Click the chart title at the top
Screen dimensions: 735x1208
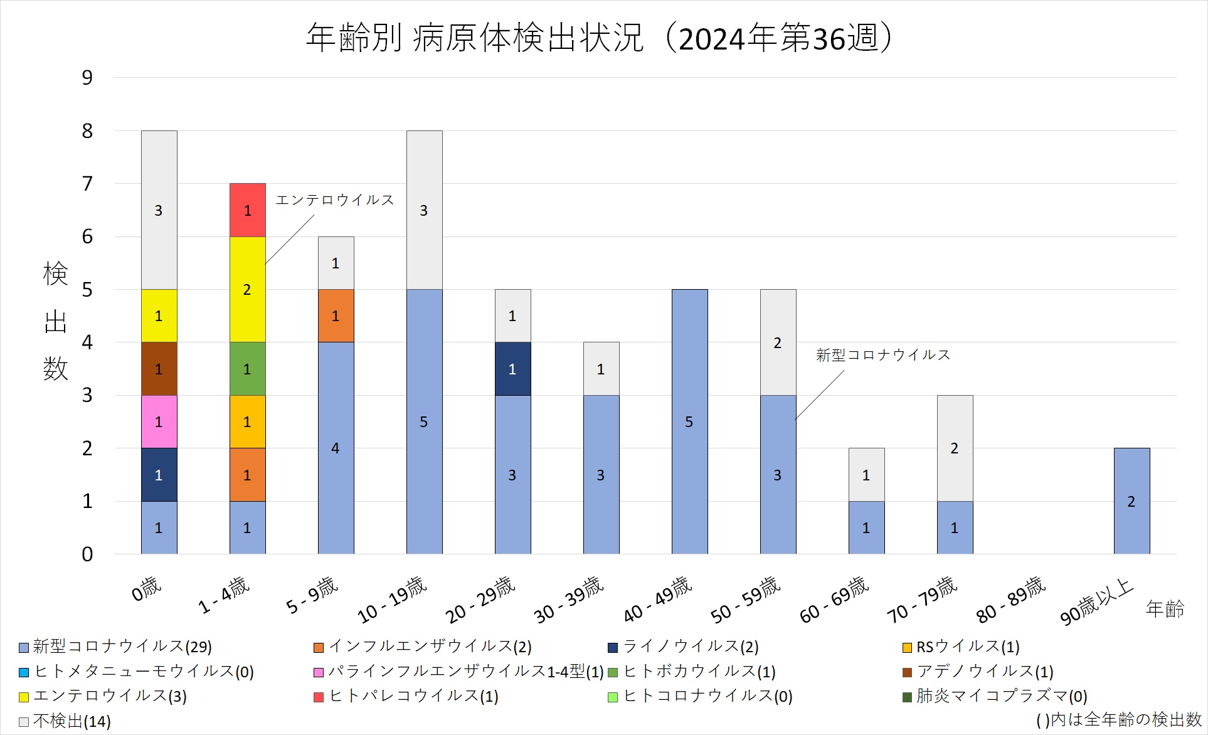click(599, 38)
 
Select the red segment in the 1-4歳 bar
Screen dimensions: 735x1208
click(247, 210)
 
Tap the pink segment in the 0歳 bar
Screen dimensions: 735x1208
click(159, 421)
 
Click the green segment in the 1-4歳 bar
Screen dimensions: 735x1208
click(247, 369)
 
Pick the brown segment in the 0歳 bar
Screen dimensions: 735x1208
click(159, 369)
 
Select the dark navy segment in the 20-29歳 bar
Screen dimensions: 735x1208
click(512, 369)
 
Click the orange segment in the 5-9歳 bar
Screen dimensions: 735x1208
click(336, 315)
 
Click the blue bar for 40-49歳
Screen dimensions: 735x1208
click(689, 421)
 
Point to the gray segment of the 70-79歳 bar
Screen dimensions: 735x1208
click(955, 448)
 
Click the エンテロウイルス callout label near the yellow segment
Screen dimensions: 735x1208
click(335, 200)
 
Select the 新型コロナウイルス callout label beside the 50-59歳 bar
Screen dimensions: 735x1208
click(883, 355)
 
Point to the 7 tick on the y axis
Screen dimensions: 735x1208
click(87, 184)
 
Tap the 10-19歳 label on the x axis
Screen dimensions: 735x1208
click(392, 600)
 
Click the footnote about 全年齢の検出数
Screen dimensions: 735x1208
click(1118, 720)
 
